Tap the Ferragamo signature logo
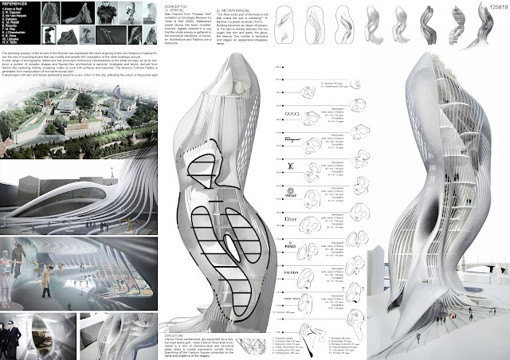(292, 139)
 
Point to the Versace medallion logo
(292, 191)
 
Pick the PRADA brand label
(292, 273)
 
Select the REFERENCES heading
(17, 6)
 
